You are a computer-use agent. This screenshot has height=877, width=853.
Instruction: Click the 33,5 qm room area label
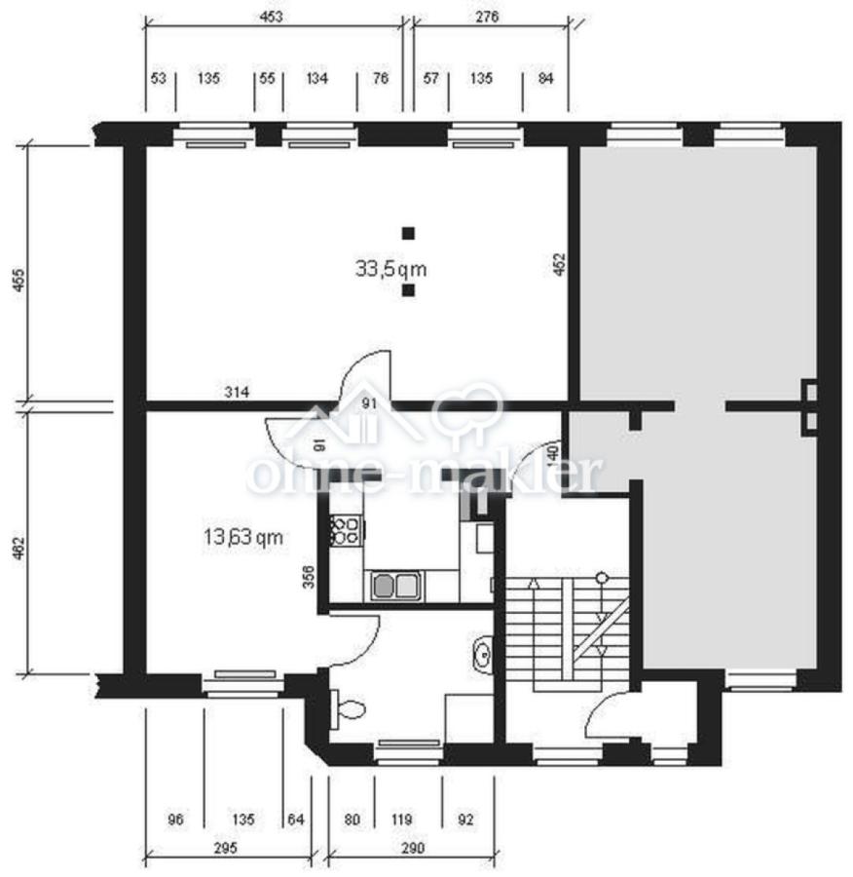tap(390, 269)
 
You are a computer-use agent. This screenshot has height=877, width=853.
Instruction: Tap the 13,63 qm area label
tap(243, 538)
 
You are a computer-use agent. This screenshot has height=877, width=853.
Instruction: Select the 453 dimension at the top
tap(271, 17)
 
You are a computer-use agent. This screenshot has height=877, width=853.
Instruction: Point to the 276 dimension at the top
tap(487, 17)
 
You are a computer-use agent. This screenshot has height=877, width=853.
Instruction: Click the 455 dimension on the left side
tap(19, 281)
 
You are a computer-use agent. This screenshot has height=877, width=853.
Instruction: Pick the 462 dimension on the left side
tap(19, 548)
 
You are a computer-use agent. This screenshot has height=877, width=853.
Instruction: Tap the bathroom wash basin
tap(482, 652)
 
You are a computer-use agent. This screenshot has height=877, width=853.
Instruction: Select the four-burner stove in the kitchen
tap(346, 530)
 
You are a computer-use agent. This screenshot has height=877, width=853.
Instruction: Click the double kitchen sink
tap(396, 587)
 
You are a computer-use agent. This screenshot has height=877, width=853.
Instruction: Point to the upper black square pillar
tap(409, 233)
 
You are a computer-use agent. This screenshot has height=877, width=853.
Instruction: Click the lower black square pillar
tap(409, 289)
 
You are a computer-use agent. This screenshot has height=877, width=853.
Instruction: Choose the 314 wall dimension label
tap(237, 392)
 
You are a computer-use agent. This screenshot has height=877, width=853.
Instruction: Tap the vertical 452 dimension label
tap(560, 264)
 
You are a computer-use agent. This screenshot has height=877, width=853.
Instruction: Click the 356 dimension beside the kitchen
tap(309, 577)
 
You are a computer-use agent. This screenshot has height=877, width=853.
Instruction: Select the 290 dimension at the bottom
tap(413, 848)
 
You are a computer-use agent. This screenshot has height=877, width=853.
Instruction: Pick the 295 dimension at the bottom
tap(225, 848)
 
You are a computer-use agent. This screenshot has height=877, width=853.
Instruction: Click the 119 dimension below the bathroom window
tap(401, 820)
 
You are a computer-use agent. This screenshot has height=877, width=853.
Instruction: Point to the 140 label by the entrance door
tap(552, 453)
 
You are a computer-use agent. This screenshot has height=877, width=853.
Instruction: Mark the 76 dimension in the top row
tap(380, 78)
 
